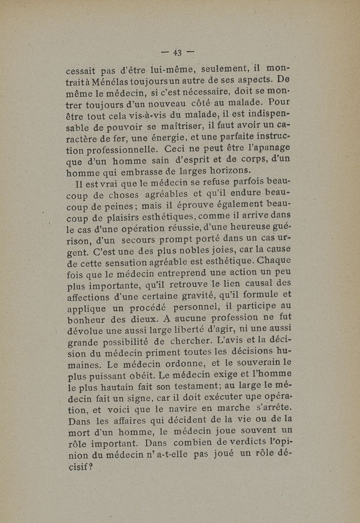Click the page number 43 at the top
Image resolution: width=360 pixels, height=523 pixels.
[176, 53]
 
